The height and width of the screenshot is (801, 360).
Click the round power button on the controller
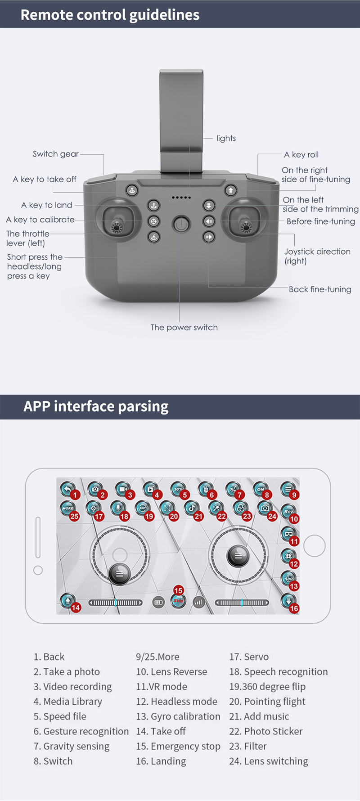pos(181,224)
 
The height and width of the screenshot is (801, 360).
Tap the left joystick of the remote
pos(117,220)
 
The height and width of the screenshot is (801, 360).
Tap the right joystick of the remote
pos(245,220)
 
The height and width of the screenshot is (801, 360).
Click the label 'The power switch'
pos(184,327)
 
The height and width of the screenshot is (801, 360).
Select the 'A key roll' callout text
pos(301,154)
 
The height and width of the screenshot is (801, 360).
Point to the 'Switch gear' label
pos(56,154)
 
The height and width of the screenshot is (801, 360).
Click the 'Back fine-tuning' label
pos(320,289)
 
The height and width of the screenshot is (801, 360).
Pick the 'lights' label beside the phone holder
pos(226,138)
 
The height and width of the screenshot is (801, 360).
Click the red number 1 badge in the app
pos(75,495)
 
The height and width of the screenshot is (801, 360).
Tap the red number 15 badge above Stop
pos(178,590)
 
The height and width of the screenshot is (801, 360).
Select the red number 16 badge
pos(294,608)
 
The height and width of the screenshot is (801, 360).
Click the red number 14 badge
pos(76,607)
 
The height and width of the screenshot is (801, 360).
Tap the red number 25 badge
pos(74,517)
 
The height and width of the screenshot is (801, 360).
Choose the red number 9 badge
pos(294,495)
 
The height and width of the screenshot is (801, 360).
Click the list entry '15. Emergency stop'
pos(178,746)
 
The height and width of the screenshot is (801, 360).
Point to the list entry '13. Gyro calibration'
pos(178,716)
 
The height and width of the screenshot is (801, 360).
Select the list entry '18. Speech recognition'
pos(279,672)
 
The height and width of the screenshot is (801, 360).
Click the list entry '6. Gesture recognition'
pos(81,731)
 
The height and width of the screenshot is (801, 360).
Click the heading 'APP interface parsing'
pos(96,406)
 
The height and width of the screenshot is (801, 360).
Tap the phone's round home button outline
pos(315,546)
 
